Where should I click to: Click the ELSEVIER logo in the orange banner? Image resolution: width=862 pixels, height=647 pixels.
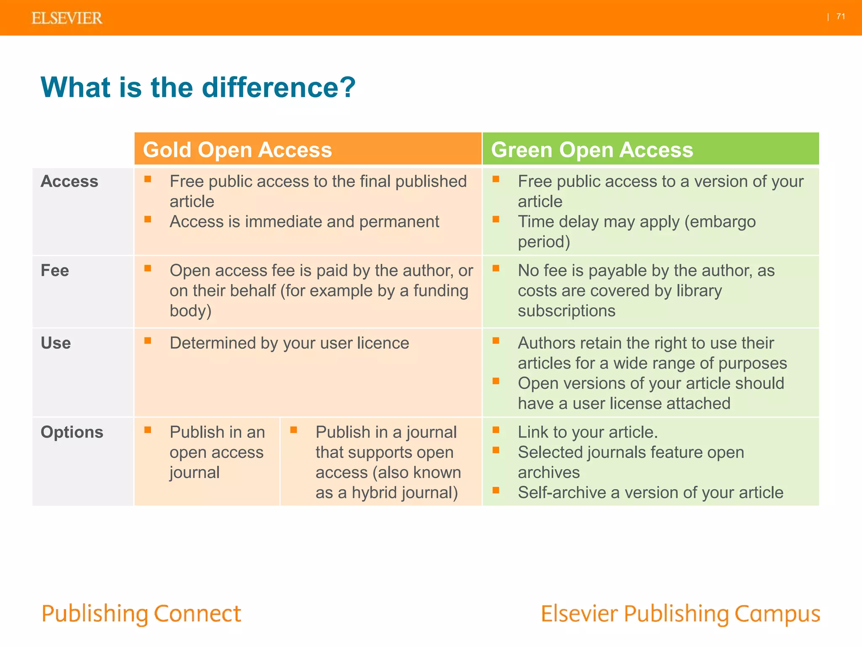click(x=67, y=18)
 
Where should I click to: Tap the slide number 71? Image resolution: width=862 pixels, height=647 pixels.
click(x=841, y=16)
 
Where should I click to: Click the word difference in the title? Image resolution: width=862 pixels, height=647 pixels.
click(x=278, y=88)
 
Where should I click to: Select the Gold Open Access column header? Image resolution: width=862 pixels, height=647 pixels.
click(x=237, y=150)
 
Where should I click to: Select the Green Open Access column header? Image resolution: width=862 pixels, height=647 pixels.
click(x=592, y=150)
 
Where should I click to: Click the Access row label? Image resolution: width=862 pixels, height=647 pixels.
click(x=69, y=181)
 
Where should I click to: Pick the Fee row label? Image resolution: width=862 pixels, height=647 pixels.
click(x=55, y=270)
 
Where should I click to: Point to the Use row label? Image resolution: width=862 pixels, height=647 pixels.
click(x=56, y=343)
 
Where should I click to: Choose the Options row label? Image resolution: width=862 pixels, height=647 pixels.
click(x=72, y=432)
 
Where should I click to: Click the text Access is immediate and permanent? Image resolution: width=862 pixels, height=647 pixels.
click(x=304, y=222)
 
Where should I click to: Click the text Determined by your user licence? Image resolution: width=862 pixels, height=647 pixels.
click(x=289, y=343)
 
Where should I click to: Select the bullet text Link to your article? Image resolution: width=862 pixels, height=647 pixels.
click(x=588, y=432)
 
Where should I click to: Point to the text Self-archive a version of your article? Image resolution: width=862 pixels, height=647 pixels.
click(x=650, y=492)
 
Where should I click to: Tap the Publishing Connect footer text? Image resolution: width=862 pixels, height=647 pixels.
click(x=141, y=614)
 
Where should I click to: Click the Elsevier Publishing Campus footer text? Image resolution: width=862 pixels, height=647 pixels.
click(x=680, y=614)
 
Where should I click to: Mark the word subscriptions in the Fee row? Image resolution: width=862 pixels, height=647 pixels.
click(x=567, y=311)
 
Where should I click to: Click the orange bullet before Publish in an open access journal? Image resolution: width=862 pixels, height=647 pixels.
click(x=148, y=430)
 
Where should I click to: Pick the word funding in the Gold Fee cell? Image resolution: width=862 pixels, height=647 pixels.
click(x=440, y=291)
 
